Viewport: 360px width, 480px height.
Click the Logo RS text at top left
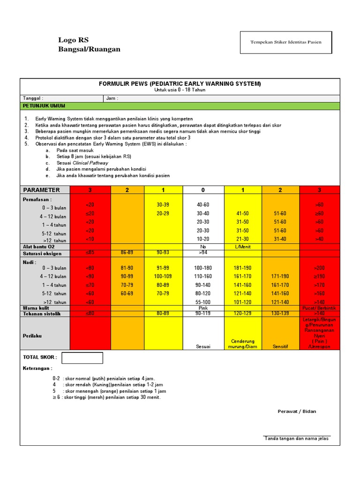coord(73,40)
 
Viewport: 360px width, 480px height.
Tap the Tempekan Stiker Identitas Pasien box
coord(285,42)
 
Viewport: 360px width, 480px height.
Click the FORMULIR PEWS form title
coord(180,83)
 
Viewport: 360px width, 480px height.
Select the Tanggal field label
coord(33,98)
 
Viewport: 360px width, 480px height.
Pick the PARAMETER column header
coord(42,190)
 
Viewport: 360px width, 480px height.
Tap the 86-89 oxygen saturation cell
coord(127,253)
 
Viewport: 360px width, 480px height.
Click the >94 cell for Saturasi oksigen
coord(203,253)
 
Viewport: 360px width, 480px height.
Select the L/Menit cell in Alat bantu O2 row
coord(242,247)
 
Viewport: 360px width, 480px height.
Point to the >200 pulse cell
coord(319,268)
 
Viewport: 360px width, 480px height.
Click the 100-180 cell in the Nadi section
coord(203,268)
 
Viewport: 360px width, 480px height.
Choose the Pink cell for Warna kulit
coord(203,308)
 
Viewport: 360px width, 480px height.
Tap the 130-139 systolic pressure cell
coord(280,314)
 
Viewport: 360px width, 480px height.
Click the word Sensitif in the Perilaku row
coord(280,346)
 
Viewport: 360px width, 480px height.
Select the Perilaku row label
coord(33,336)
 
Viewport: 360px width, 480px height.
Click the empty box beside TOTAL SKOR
coord(82,358)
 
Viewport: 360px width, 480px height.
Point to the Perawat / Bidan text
coord(297,412)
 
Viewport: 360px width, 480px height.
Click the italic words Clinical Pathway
coord(90,163)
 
